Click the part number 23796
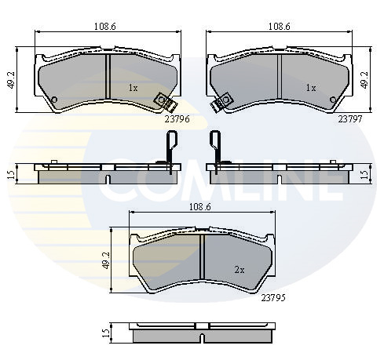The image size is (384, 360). click(177, 119)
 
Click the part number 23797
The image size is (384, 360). click(350, 119)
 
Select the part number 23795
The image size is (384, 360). click(273, 298)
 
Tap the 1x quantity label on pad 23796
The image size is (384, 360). click(133, 88)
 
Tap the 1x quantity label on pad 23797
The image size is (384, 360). click(311, 88)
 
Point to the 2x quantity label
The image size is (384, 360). click(240, 270)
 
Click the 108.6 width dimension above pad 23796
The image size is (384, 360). click(105, 27)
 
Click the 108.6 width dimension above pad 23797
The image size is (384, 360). click(280, 27)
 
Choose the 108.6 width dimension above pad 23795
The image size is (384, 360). click(200, 207)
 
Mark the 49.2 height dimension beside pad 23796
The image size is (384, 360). click(12, 80)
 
